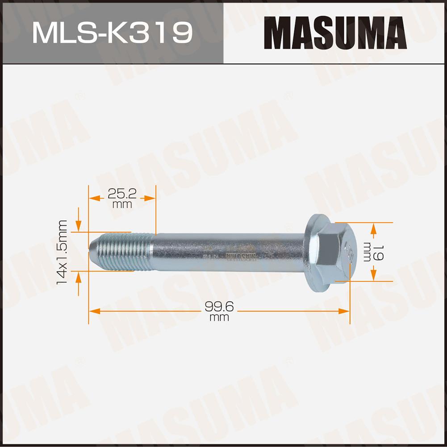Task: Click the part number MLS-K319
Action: click(x=113, y=33)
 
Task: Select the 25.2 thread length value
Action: click(x=122, y=194)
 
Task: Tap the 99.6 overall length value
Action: click(x=219, y=307)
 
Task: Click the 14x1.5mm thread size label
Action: click(x=62, y=252)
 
